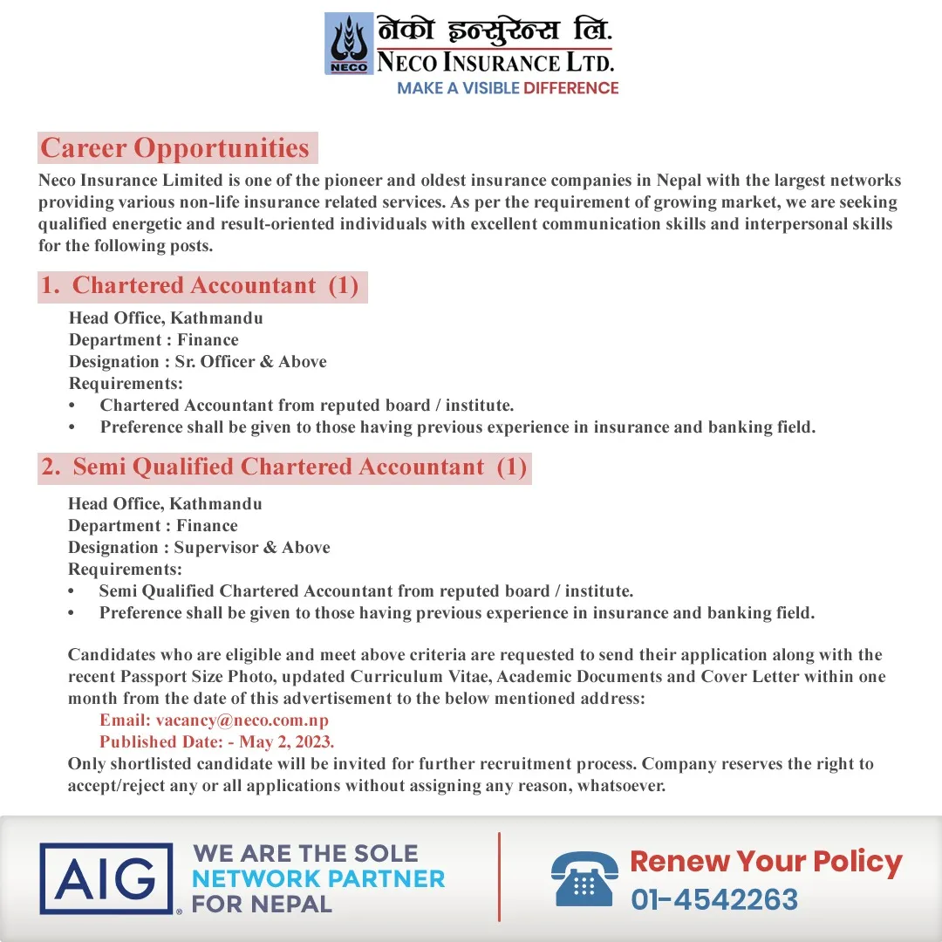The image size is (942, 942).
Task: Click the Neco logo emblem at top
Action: coord(349,44)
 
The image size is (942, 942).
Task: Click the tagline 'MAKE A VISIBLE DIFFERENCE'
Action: coord(508,88)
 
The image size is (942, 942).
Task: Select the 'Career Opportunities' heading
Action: coord(175,148)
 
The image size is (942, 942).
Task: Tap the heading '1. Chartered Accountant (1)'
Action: coord(201,286)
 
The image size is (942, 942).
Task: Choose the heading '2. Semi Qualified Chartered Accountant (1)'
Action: coord(284,468)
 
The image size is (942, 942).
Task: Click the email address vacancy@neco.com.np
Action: coord(242,720)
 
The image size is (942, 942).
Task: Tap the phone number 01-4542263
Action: coord(714,899)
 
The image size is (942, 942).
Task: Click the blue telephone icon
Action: coord(584,879)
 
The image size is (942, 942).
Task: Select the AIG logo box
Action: coord(106,878)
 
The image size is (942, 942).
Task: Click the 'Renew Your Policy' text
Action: coord(766,862)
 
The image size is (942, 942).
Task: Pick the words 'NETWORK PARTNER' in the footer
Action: coord(318,878)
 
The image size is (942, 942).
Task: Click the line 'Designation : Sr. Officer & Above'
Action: coord(198,362)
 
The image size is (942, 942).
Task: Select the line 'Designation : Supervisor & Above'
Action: coord(199,548)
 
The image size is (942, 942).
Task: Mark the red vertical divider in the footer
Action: coord(500,877)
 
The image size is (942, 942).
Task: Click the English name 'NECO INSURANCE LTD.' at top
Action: coord(495,62)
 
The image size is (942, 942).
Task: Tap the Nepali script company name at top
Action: coord(495,31)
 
